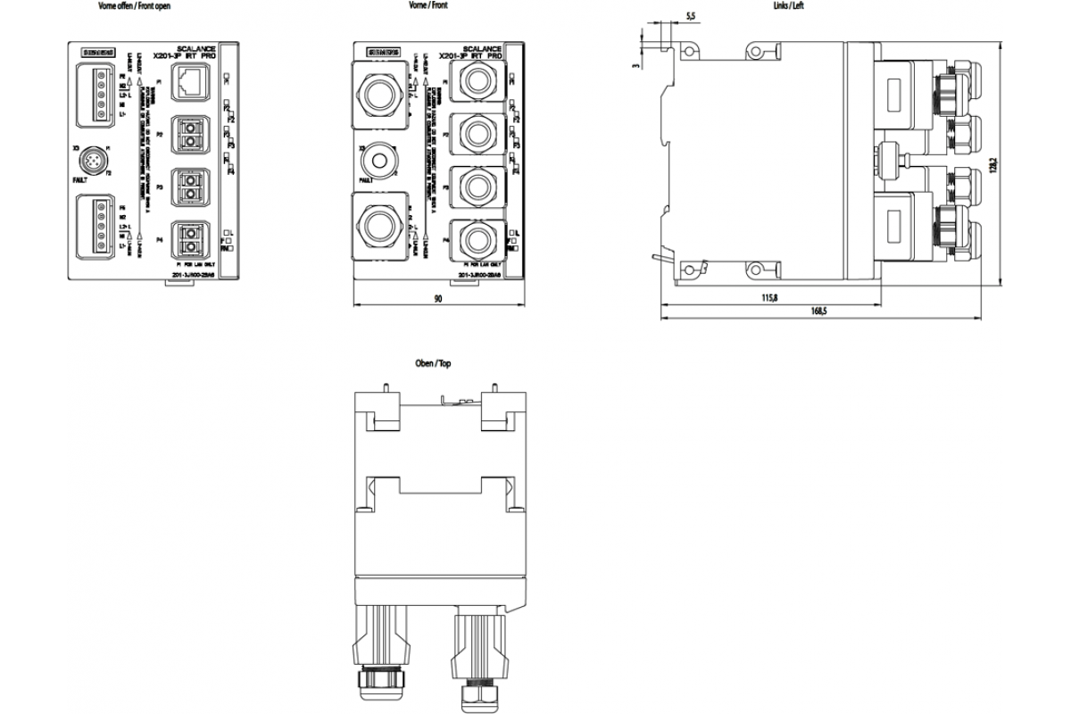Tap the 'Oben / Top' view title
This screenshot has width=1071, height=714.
pos(434,364)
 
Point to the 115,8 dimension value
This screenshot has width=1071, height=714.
pos(769,297)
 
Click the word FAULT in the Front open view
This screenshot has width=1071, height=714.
pos(83,179)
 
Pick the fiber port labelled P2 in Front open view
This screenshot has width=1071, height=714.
pos(191,134)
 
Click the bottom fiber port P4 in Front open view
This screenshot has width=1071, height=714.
pos(191,239)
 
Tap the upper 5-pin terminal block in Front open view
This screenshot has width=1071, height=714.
pos(97,95)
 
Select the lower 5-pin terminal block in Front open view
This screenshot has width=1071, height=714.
pos(97,228)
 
